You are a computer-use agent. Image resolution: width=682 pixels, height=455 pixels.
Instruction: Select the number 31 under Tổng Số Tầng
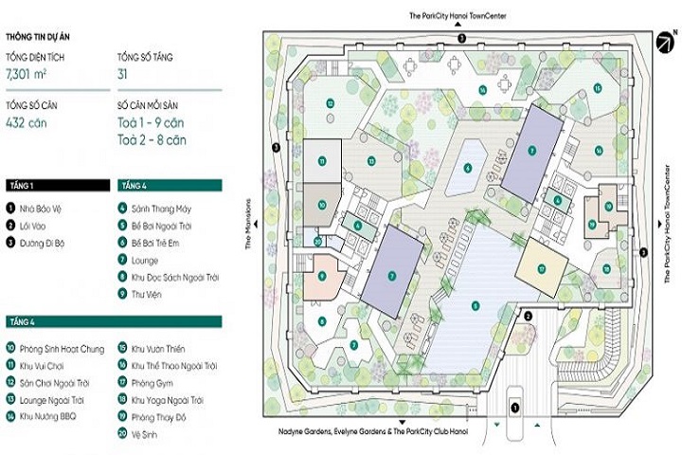(x=124, y=72)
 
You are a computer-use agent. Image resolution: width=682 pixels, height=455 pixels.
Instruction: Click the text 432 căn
(x=26, y=122)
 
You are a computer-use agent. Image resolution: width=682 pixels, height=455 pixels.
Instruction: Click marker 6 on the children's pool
(x=468, y=169)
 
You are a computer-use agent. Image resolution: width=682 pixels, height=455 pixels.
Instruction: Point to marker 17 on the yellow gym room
(x=542, y=268)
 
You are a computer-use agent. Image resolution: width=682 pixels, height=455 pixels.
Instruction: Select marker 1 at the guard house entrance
(x=515, y=409)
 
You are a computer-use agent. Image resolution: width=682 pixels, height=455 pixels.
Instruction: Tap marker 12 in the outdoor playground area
(x=329, y=102)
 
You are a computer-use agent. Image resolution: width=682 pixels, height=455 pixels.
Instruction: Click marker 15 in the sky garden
(x=598, y=88)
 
